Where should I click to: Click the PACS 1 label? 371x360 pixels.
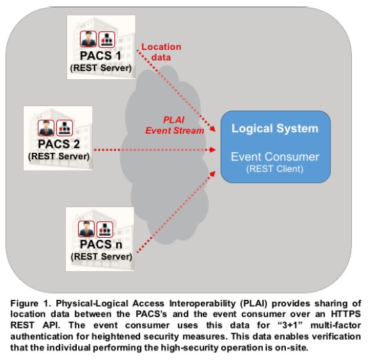pos(100,56)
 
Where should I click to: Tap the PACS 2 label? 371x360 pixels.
pos(59,144)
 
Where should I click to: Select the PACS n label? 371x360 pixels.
pos(101,244)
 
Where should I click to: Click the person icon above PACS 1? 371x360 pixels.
pos(88,39)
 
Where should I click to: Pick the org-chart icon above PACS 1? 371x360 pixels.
pos(107,39)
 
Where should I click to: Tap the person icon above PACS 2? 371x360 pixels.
pos(46,128)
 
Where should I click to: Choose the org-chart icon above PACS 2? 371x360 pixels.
pos(65,128)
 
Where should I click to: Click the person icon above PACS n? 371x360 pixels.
pos(86,229)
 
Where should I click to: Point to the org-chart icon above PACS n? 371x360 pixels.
pos(105,229)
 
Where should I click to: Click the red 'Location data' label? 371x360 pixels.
pos(161,52)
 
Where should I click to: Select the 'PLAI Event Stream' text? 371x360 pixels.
pos(175,125)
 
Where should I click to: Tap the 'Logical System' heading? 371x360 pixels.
pos(275,129)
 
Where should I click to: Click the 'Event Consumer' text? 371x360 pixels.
pos(275,157)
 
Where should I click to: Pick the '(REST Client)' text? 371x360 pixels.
pos(274,169)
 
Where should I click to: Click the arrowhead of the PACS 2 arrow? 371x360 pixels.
pos(213,150)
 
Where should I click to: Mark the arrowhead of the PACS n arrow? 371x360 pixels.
pos(212,174)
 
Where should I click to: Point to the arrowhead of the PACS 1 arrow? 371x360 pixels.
pos(212,129)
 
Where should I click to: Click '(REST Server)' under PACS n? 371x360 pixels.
pos(101,256)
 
